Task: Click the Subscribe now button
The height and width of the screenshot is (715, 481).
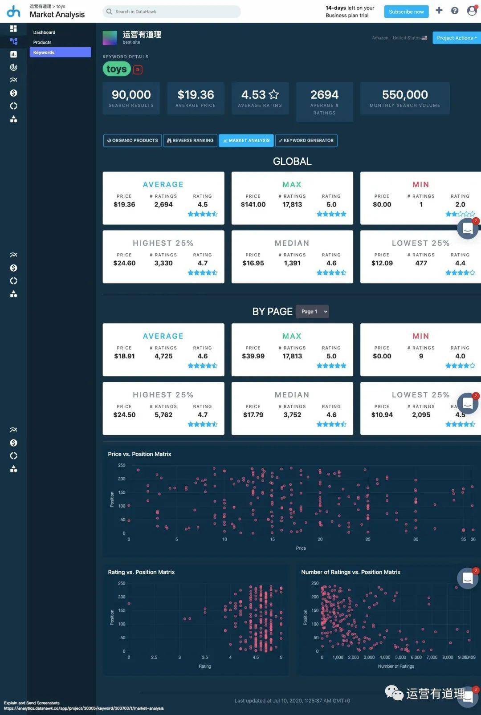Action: [x=406, y=12]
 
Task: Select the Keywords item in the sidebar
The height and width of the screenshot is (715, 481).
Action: [x=60, y=53]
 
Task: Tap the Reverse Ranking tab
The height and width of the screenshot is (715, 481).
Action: [x=190, y=141]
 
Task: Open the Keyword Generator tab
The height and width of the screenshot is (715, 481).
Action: [x=306, y=141]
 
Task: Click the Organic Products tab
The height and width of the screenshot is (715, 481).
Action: [x=132, y=141]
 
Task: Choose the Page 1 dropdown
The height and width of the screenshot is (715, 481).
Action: [x=312, y=312]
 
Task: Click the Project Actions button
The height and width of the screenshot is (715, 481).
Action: [x=457, y=38]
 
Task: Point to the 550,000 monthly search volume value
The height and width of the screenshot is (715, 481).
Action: [x=405, y=95]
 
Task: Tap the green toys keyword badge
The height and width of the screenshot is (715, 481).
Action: [x=117, y=69]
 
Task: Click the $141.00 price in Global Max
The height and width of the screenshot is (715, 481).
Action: [x=253, y=205]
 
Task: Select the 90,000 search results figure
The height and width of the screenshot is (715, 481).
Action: [x=131, y=95]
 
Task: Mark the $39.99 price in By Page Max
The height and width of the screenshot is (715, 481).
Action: [x=253, y=356]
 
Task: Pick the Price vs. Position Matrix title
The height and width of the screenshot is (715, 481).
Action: [x=139, y=454]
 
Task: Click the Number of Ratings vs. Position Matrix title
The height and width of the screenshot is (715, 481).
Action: [x=351, y=572]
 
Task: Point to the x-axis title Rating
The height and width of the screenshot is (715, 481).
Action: [x=205, y=666]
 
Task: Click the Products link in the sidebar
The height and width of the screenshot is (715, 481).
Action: [x=42, y=42]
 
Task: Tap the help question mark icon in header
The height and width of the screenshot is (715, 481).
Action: [x=455, y=11]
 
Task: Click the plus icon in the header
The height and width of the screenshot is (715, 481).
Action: [x=439, y=10]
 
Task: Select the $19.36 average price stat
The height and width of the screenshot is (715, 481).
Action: [x=196, y=95]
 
